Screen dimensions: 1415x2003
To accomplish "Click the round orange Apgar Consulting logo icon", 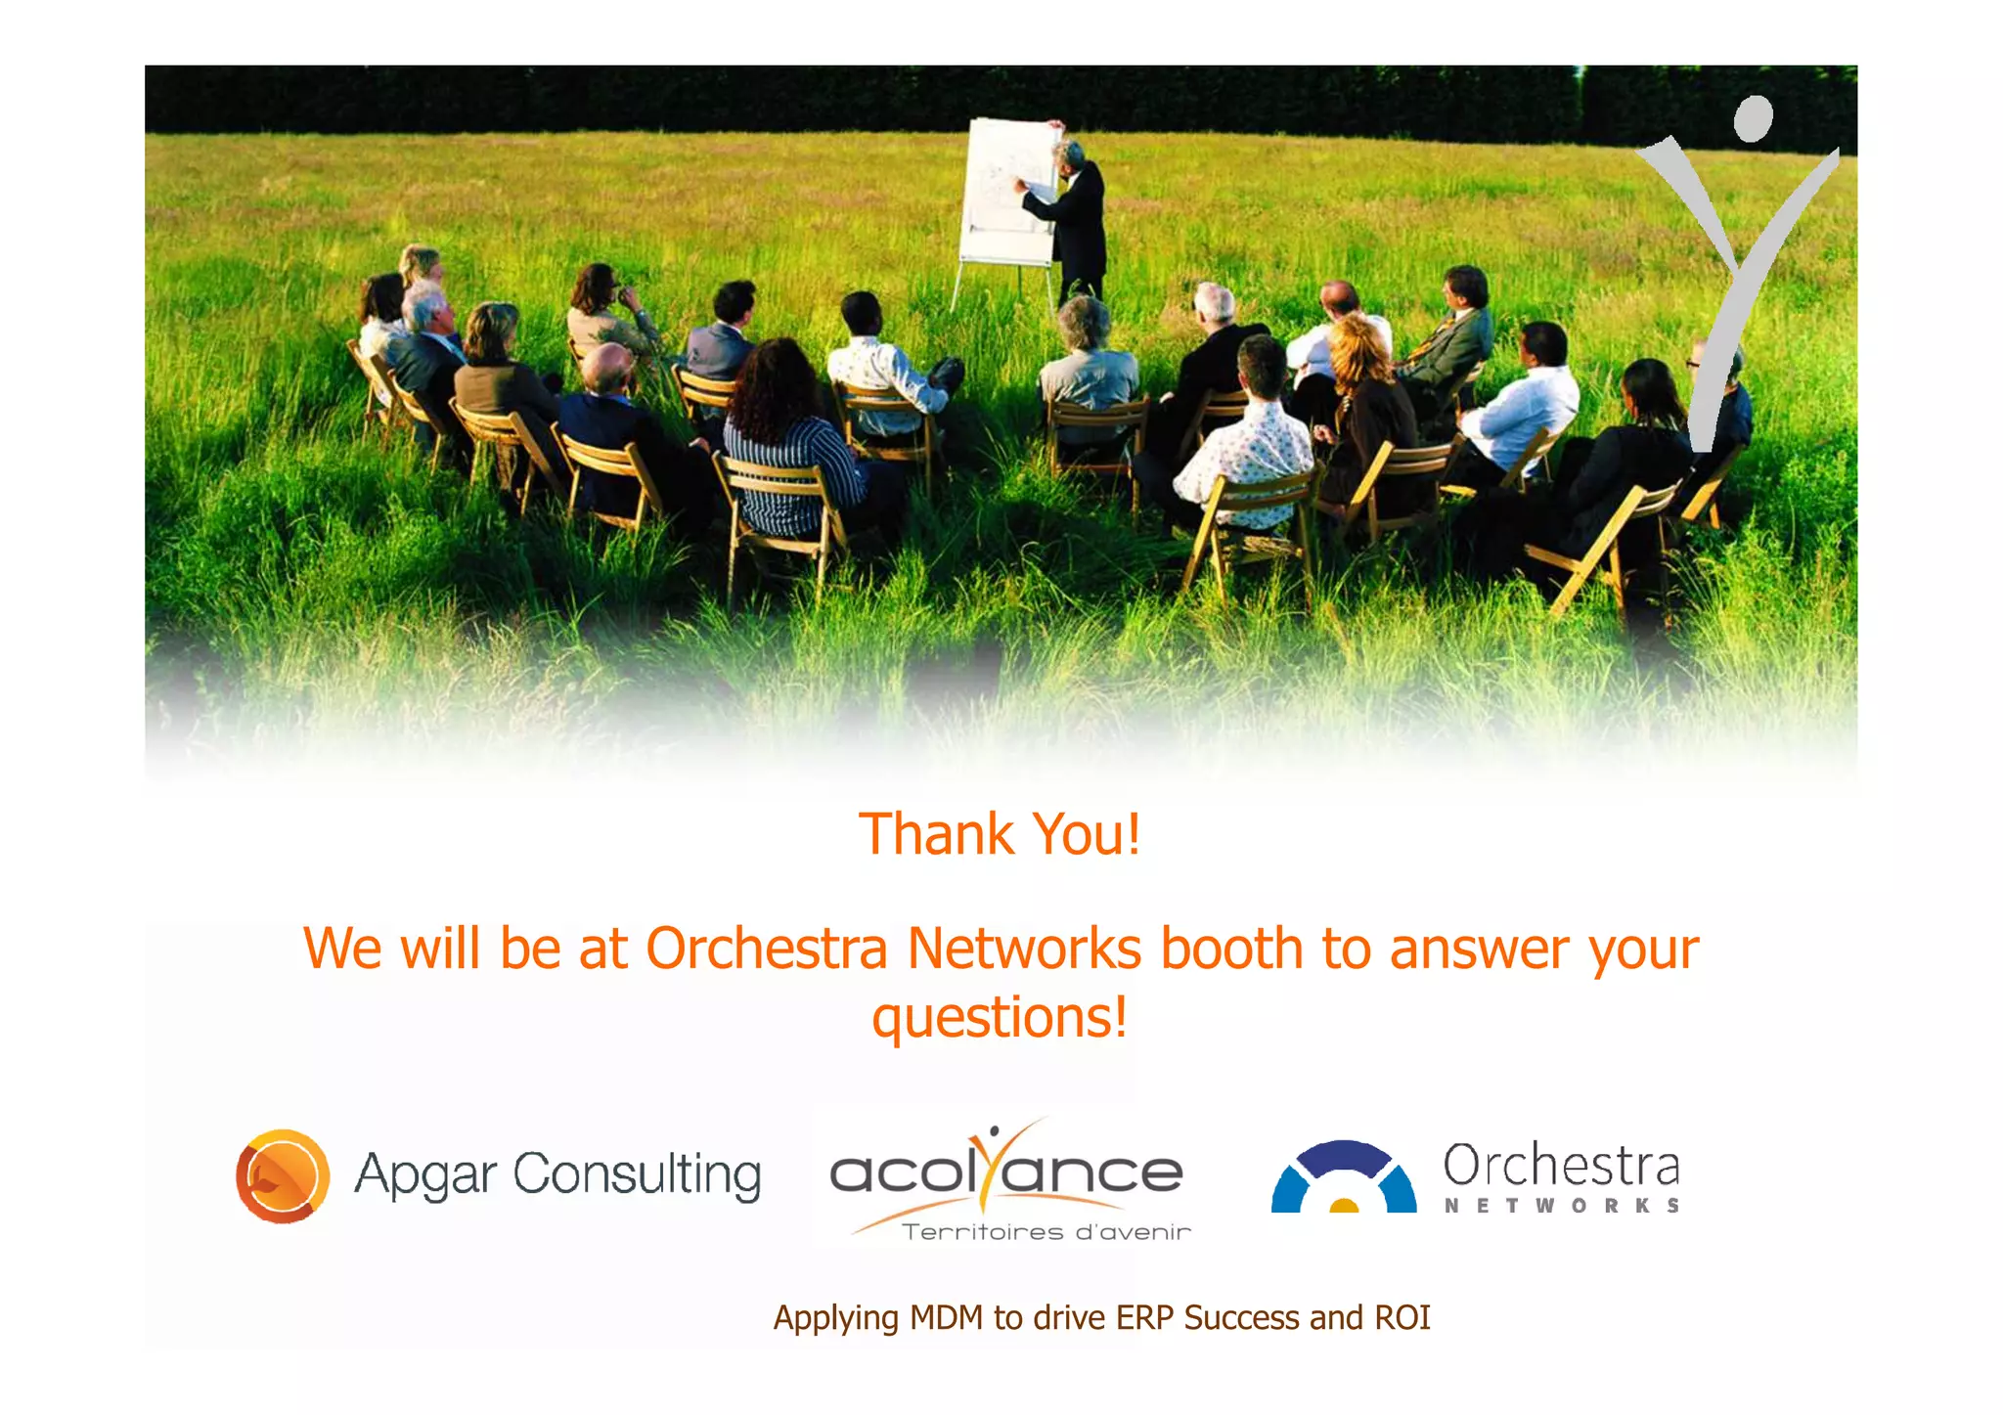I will click(x=283, y=1175).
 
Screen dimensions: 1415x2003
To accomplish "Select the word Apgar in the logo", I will click(x=426, y=1175).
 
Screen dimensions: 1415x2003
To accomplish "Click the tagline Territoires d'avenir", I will click(x=1046, y=1232).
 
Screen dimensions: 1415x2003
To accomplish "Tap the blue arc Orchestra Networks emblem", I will click(x=1344, y=1177).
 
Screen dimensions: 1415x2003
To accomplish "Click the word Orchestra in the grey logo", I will click(x=1561, y=1166).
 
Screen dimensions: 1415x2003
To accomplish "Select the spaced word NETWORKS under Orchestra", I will click(x=1562, y=1206).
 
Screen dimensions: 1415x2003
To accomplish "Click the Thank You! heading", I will click(x=1000, y=834).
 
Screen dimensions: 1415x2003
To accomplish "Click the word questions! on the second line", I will click(x=1000, y=1017).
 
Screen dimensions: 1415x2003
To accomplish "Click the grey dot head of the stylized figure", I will click(x=1753, y=119).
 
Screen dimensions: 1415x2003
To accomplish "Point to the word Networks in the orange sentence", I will click(x=1024, y=949).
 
